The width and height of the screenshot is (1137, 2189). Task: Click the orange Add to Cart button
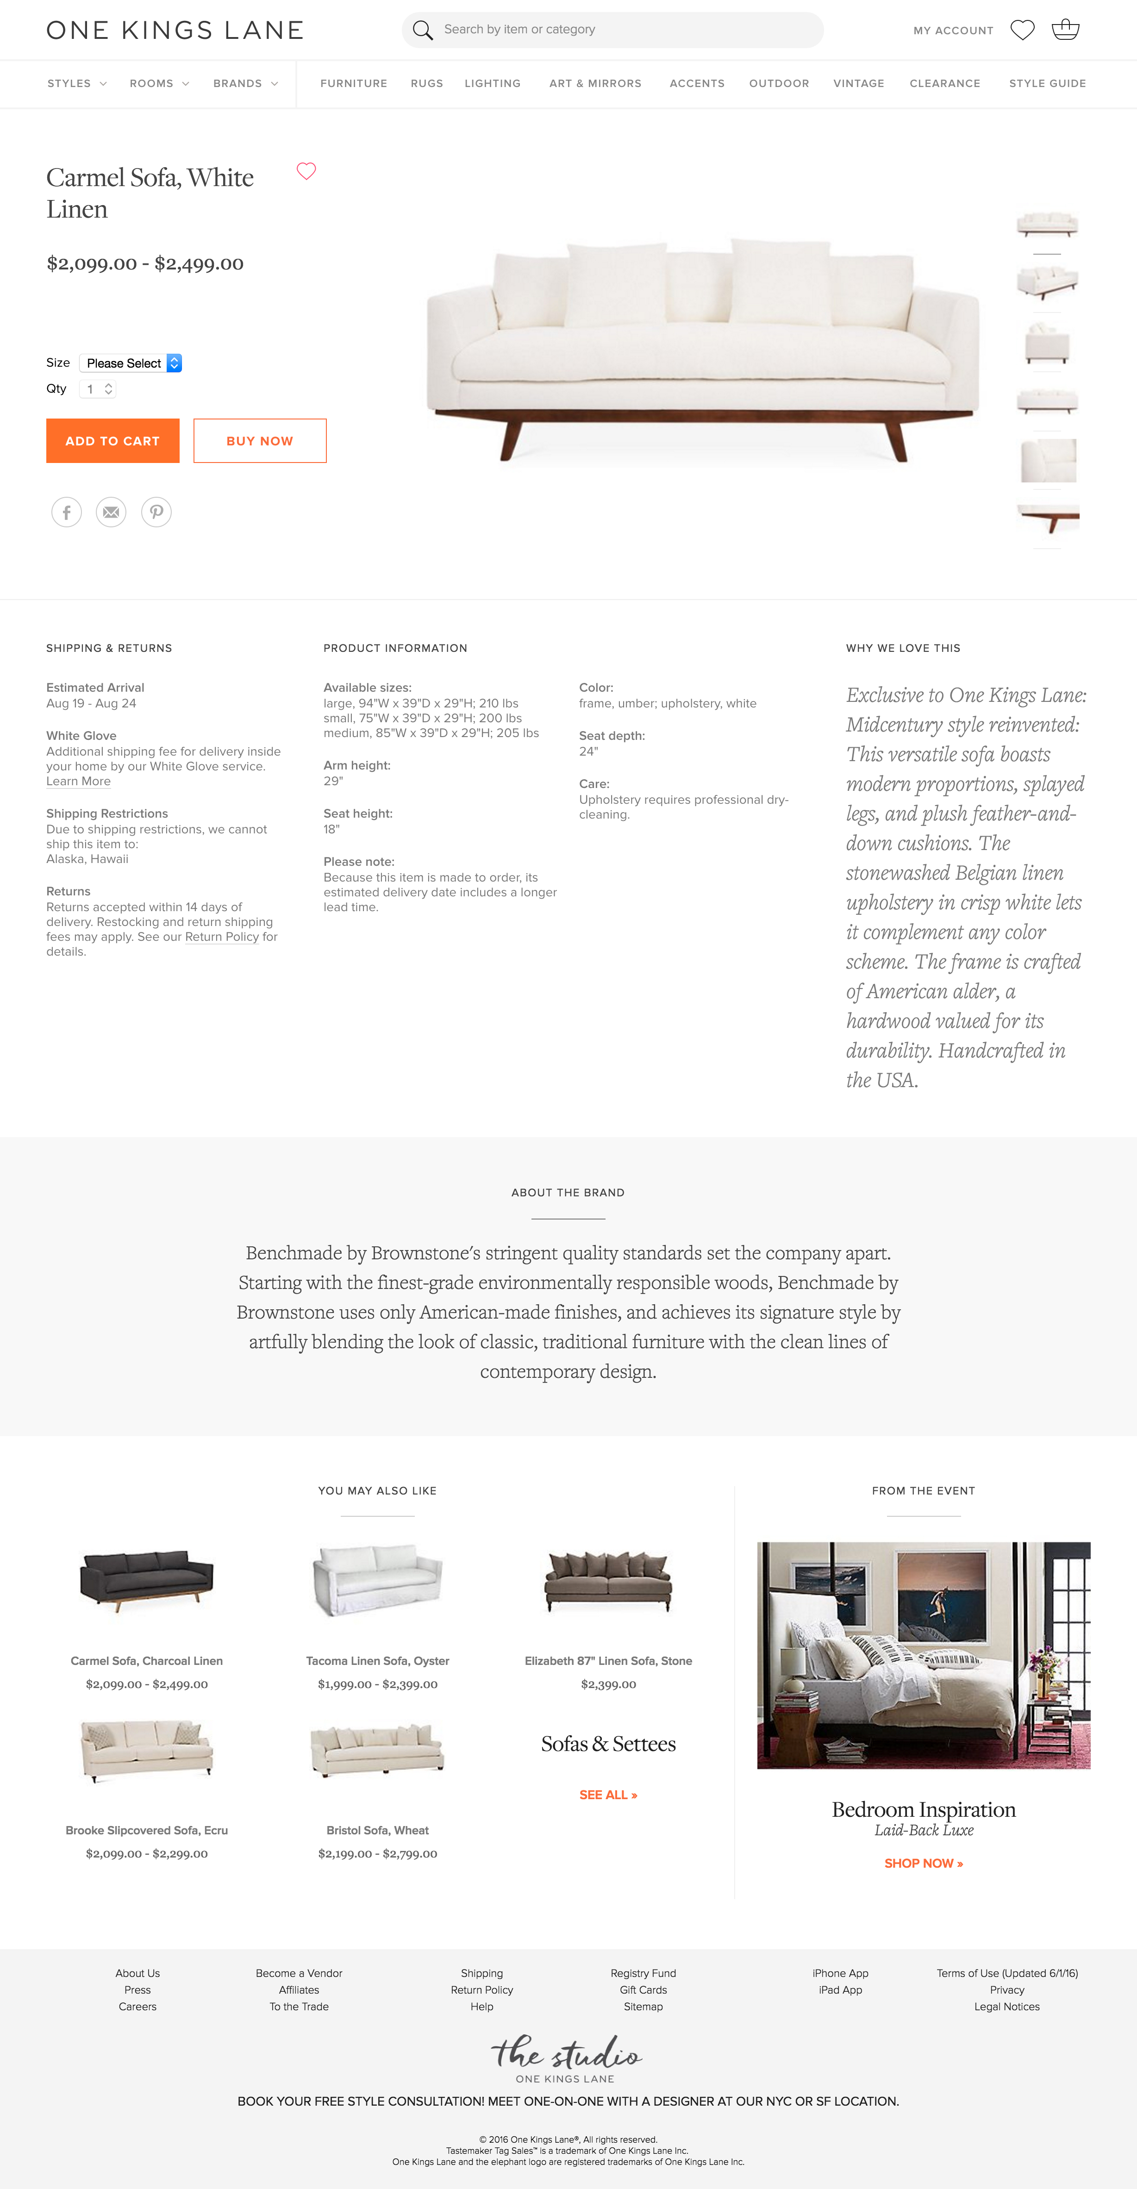(x=112, y=440)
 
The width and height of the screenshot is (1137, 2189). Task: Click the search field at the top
(x=612, y=30)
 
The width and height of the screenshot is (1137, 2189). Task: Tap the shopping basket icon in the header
(x=1065, y=30)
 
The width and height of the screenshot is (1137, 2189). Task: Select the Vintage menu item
(x=858, y=83)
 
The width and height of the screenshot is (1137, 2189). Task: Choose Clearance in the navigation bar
(x=944, y=83)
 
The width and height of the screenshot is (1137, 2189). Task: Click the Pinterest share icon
(x=156, y=512)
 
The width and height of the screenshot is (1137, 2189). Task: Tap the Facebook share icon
(x=66, y=512)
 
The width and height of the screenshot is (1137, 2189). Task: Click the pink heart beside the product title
(x=306, y=171)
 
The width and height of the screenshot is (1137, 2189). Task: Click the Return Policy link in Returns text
(x=222, y=937)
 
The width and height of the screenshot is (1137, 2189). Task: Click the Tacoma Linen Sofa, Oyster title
(x=377, y=1660)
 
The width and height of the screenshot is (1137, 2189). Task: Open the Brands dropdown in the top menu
(x=245, y=83)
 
